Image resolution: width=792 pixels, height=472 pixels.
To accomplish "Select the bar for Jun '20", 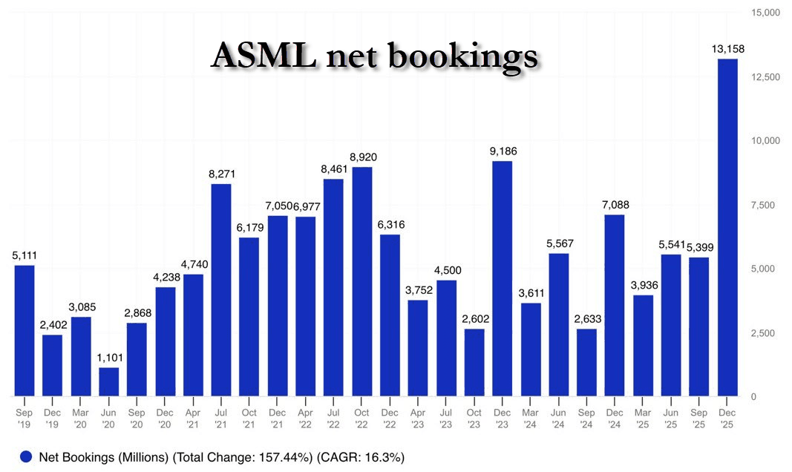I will point(109,381).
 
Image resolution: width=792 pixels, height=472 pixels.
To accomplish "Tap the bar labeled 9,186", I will point(503,278).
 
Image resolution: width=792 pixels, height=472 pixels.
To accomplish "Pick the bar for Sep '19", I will point(24,330).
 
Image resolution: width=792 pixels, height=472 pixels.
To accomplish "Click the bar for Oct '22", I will point(361,281).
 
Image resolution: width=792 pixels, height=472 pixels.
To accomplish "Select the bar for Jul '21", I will point(221,289).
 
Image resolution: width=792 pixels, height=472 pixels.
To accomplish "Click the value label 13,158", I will point(727,50).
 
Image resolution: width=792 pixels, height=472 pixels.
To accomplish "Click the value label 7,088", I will point(615,206).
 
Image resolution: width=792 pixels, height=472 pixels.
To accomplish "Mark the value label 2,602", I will point(474,320).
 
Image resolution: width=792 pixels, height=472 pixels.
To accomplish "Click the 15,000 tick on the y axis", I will point(765,13).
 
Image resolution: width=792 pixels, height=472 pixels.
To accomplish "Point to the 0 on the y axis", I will point(753,397).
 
